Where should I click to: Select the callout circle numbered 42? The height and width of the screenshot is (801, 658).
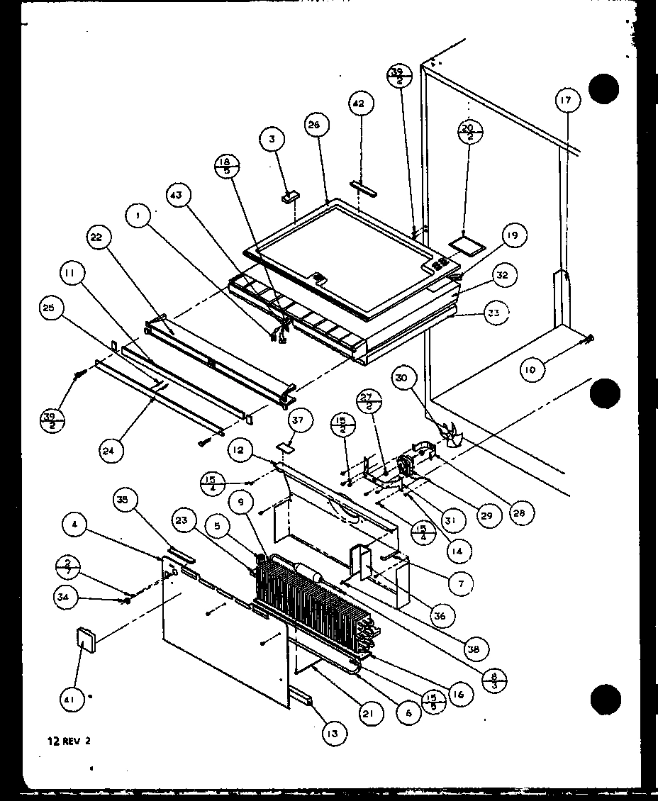pyautogui.click(x=359, y=104)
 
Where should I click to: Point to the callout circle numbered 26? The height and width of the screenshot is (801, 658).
pyautogui.click(x=314, y=125)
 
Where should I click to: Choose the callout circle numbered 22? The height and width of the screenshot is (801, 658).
pyautogui.click(x=99, y=238)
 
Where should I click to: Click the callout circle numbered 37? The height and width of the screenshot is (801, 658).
pyautogui.click(x=298, y=423)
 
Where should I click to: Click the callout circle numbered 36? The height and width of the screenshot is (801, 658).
pyautogui.click(x=440, y=616)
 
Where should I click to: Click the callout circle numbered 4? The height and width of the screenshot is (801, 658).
pyautogui.click(x=74, y=525)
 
